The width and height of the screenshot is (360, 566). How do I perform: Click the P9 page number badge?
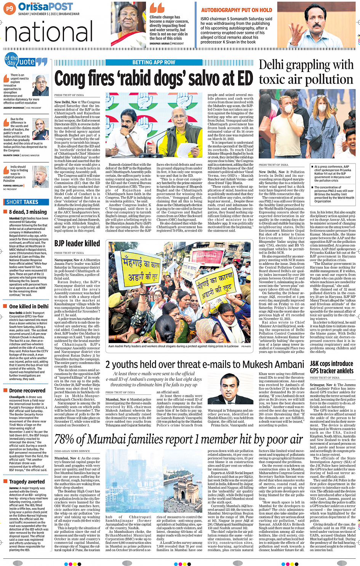pos(10,8)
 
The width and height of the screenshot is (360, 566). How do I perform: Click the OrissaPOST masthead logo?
pos(45,6)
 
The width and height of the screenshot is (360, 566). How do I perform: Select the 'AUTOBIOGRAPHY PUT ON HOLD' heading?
pos(237,10)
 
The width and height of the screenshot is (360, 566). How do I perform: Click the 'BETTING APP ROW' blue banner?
pos(154,63)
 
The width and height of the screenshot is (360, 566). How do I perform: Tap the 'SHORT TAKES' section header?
pos(22,202)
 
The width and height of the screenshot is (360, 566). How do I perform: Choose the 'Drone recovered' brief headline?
pos(27,391)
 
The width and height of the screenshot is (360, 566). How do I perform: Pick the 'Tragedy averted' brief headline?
pos(27,482)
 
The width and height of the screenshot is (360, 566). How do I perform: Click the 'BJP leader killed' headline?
pos(77,243)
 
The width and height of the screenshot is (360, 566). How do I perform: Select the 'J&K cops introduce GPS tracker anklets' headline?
pos(331,367)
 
